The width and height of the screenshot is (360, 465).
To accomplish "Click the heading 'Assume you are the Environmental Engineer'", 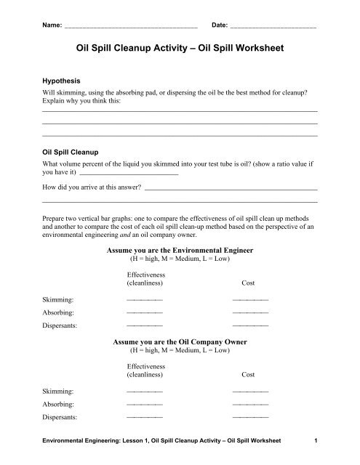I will (180, 248).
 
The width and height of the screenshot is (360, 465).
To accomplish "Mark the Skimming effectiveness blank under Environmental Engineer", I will (144, 299).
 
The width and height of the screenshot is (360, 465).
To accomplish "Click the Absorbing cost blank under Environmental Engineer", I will (249, 312).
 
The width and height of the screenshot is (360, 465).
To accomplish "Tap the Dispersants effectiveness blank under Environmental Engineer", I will (144, 325).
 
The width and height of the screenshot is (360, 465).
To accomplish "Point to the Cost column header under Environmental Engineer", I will (247, 283).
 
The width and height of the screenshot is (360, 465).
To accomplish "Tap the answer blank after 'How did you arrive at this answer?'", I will (231, 187).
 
